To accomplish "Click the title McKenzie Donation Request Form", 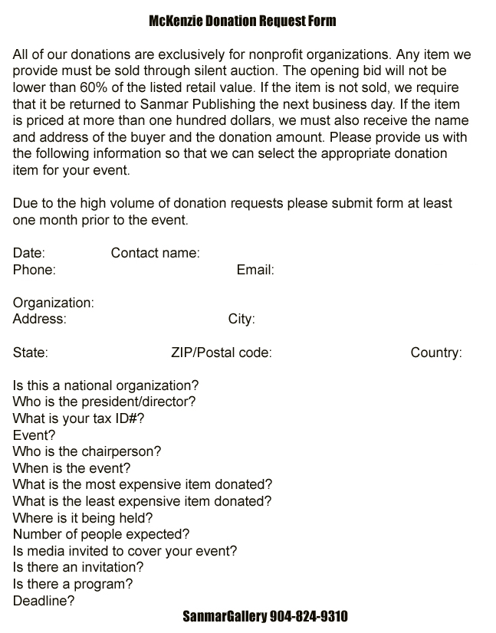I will (x=242, y=21).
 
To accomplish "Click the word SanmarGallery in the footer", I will (x=225, y=617).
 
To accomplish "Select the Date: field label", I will (x=29, y=253).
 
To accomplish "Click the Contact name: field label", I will (x=155, y=253).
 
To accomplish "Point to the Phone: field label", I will (x=34, y=270).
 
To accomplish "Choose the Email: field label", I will (x=255, y=270).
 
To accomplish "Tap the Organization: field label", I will (x=54, y=303).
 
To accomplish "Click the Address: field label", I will (x=40, y=319).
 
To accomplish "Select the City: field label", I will (x=241, y=319).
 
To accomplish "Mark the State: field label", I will (x=31, y=353).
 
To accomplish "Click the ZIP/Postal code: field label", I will (x=222, y=353).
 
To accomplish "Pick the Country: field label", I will (x=436, y=353).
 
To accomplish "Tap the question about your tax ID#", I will (x=79, y=418).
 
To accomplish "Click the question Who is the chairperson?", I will (x=87, y=451).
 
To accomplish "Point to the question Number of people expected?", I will (x=101, y=534).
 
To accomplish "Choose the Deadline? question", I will (x=44, y=601).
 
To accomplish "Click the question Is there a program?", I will (x=73, y=584).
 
